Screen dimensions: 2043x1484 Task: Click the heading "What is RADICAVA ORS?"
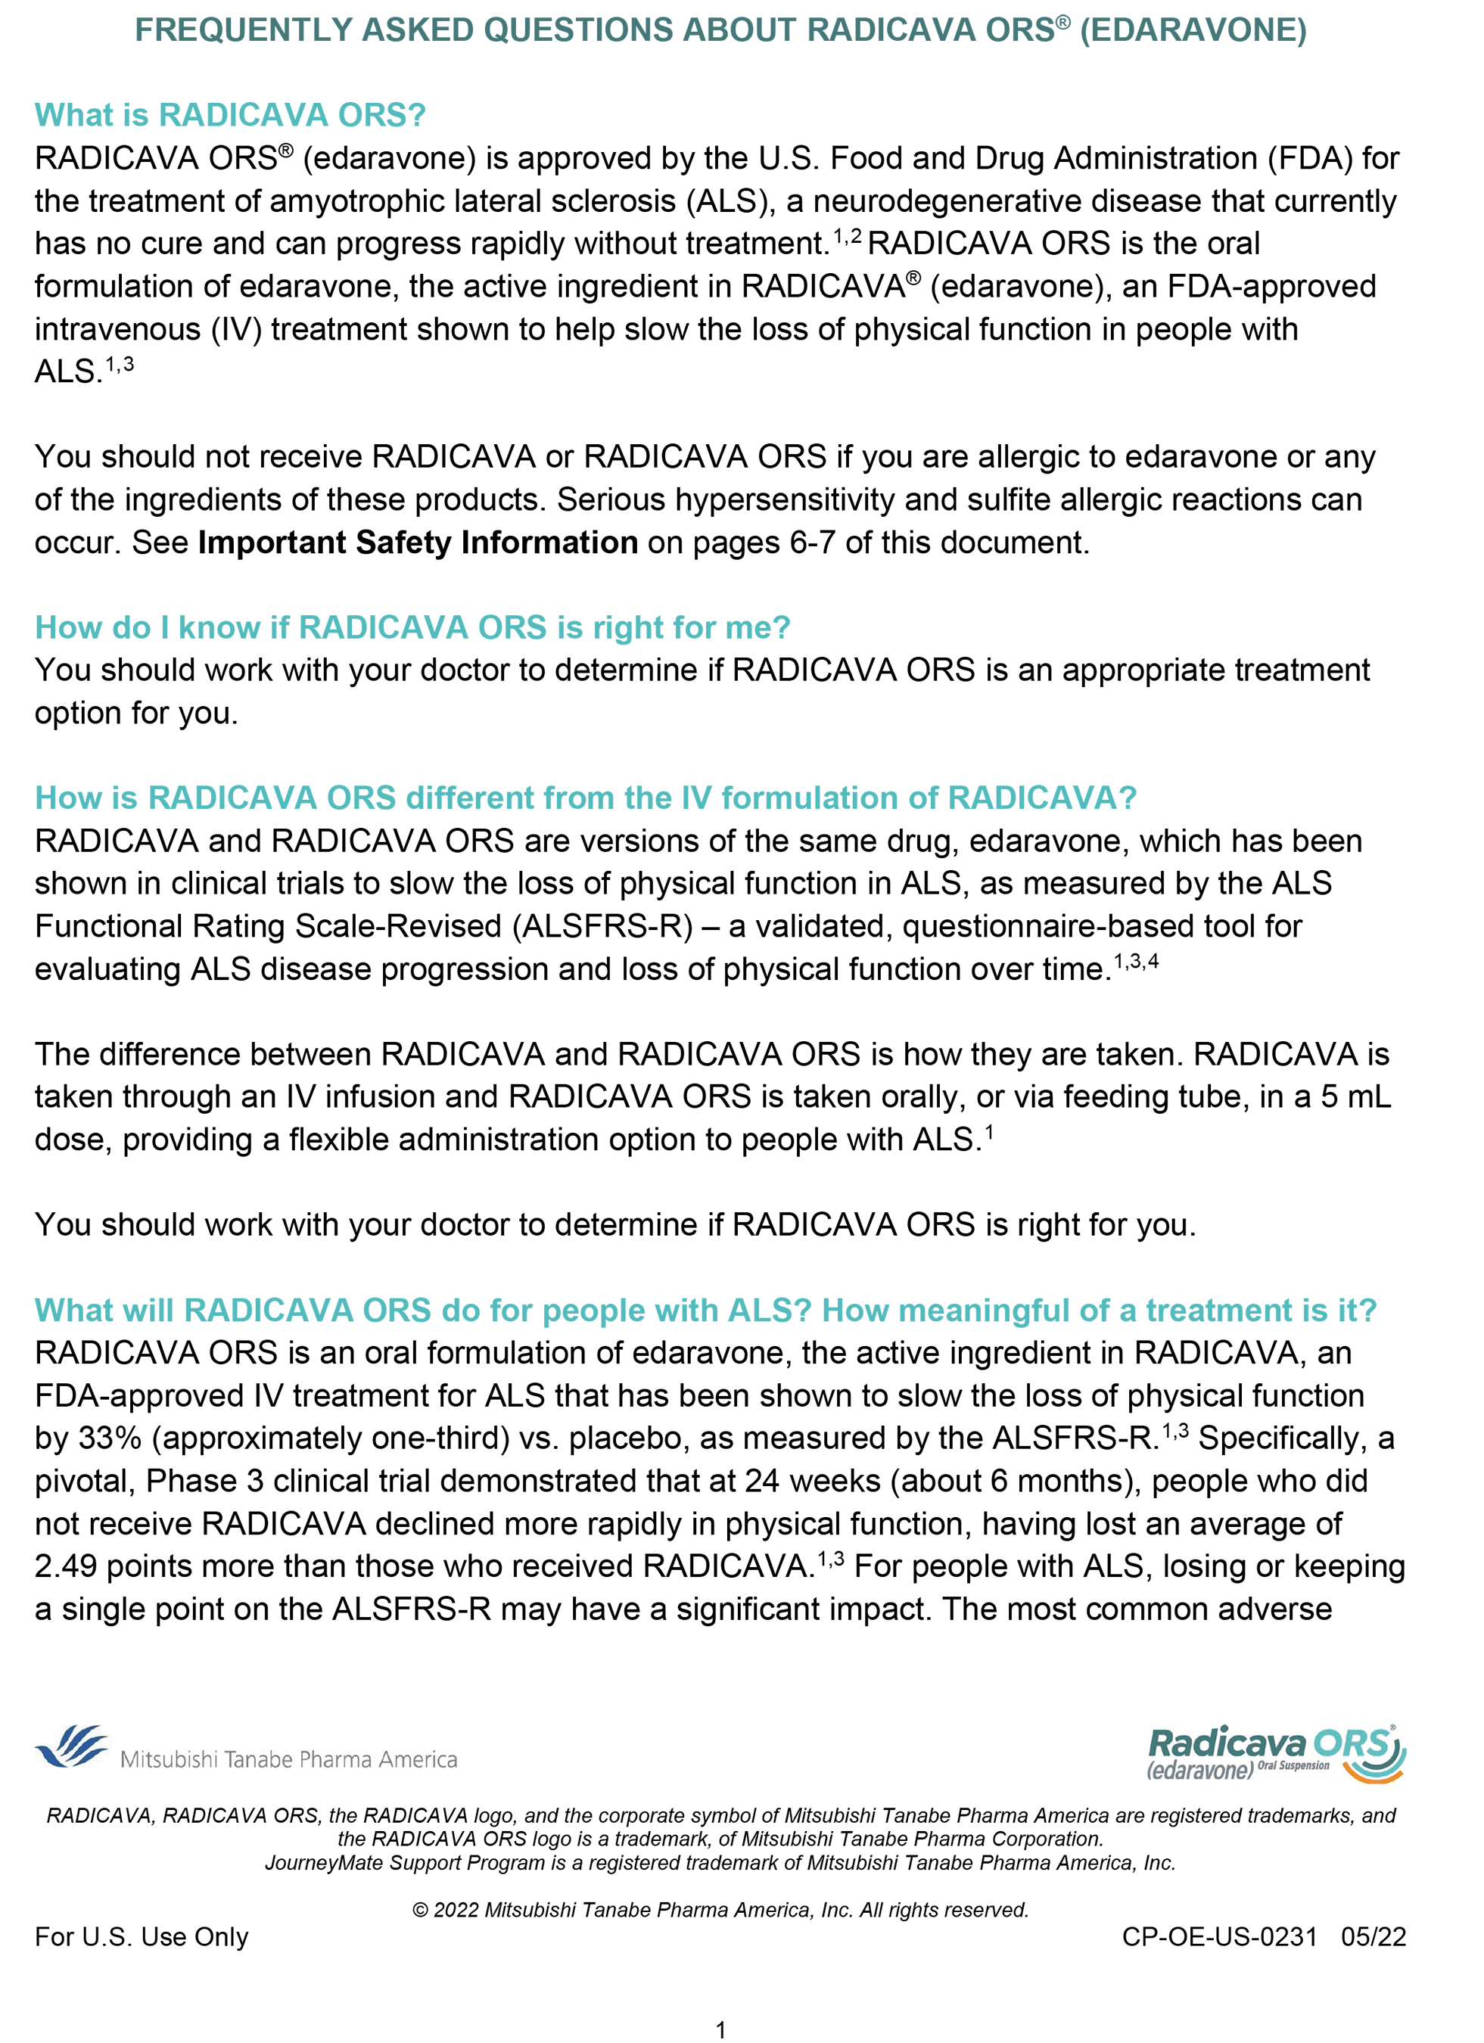click(230, 115)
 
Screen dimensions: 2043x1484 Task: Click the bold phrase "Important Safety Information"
click(417, 543)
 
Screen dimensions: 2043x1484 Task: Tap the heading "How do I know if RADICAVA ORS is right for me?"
click(412, 627)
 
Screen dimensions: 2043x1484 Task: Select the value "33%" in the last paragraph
click(109, 1438)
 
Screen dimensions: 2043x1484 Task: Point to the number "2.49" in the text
click(65, 1566)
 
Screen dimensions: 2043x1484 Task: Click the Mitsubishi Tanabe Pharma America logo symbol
click(72, 1748)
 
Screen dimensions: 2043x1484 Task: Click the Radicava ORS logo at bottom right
click(1275, 1753)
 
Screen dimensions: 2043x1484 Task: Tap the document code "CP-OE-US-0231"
click(1218, 1937)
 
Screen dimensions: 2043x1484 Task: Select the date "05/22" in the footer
click(1372, 1937)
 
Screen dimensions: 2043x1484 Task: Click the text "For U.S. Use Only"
click(142, 1937)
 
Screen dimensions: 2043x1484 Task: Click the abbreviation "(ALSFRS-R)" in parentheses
click(602, 926)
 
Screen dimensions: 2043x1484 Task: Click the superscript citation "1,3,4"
click(1135, 962)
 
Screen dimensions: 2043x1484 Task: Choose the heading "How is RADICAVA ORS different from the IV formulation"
click(586, 798)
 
